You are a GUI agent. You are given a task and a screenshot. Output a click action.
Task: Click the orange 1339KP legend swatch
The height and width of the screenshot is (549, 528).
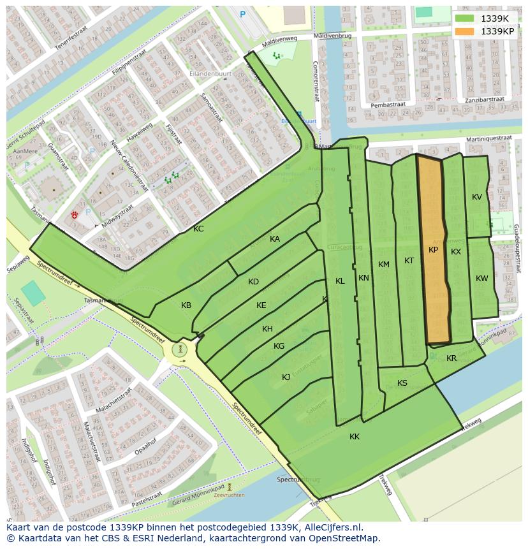tap(466, 31)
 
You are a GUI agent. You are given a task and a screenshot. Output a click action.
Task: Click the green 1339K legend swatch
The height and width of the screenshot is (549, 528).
tap(466, 18)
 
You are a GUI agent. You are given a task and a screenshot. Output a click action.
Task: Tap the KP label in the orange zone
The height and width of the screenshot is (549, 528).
tap(433, 250)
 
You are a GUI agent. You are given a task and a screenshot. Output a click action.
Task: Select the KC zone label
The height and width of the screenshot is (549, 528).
tap(198, 228)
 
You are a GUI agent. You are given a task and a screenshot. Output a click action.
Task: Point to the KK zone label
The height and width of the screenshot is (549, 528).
tap(355, 437)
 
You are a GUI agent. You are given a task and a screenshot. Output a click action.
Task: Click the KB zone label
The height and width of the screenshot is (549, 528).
tap(186, 305)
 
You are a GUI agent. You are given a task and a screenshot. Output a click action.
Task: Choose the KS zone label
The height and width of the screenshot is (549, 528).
tap(402, 383)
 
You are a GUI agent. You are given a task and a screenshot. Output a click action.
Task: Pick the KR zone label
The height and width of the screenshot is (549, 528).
tap(451, 358)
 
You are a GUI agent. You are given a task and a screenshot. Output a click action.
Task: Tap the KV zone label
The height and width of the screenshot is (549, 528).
tap(477, 197)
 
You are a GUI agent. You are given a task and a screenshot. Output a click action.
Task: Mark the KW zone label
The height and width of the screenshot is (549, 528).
tap(482, 279)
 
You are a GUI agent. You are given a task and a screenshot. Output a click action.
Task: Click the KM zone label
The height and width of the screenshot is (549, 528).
tap(383, 265)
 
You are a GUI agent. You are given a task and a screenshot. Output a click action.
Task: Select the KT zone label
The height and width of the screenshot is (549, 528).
tap(409, 261)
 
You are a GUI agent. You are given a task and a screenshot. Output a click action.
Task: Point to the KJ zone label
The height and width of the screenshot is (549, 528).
tap(286, 377)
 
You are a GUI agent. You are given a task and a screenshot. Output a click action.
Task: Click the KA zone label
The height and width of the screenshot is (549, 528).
tap(275, 239)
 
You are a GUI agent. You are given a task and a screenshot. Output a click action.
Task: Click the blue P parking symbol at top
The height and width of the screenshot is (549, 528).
tap(242, 13)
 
